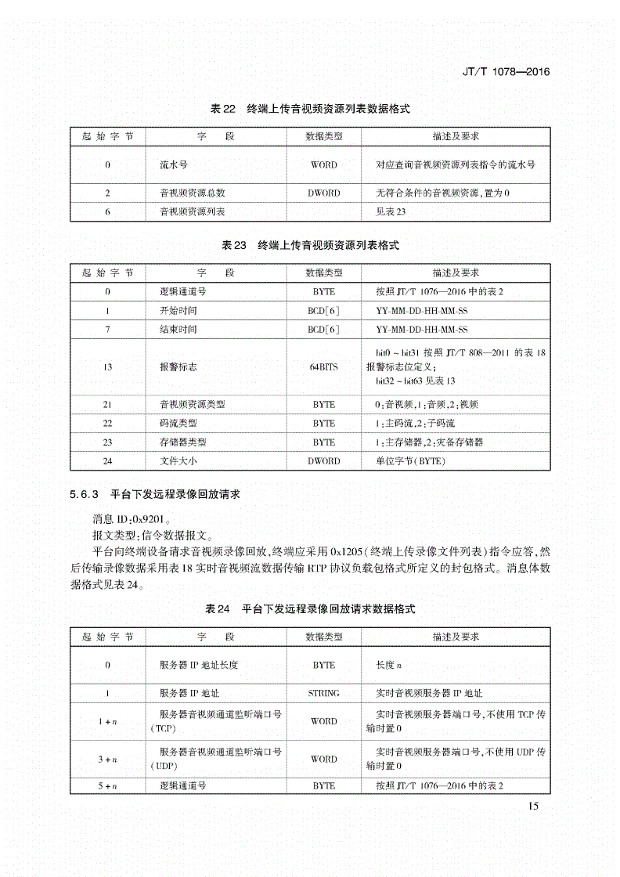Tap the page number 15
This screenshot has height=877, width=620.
[534, 807]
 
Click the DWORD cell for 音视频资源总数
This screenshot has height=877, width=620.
[323, 193]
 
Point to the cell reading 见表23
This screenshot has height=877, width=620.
[391, 211]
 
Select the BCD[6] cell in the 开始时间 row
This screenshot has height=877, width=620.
[323, 310]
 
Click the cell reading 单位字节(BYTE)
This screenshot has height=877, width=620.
[410, 461]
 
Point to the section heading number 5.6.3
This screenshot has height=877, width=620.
[82, 495]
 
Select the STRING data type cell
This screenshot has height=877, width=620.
[323, 693]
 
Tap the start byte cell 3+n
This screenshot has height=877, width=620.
[107, 759]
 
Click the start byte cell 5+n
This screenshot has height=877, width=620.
[107, 785]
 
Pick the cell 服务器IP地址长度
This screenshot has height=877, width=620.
[198, 665]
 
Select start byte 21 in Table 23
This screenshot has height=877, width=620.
[107, 404]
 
